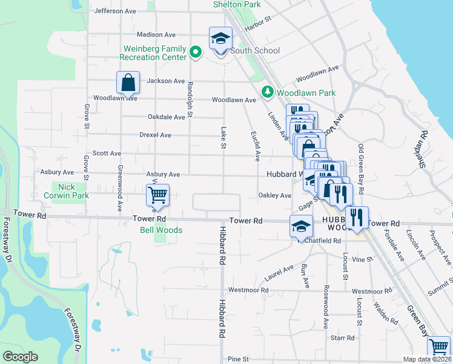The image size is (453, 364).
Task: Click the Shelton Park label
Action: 237,4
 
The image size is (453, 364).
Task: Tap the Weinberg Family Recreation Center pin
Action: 195,53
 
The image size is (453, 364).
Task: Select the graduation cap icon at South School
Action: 220,38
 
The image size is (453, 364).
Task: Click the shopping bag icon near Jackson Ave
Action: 128,82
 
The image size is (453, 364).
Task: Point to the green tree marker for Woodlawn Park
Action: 267,92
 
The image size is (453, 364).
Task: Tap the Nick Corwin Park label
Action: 66,191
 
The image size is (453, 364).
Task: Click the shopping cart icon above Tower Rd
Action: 157,195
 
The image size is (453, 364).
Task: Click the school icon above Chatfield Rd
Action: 301,226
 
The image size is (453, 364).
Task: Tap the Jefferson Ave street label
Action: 115,11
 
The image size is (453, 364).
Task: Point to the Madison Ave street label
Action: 156,35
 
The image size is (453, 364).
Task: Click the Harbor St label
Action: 256,28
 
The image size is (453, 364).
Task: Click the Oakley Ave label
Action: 275,195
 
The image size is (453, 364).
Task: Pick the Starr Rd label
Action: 342,337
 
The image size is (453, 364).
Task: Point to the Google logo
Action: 20,357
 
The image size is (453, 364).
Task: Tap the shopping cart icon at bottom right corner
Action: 438,348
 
